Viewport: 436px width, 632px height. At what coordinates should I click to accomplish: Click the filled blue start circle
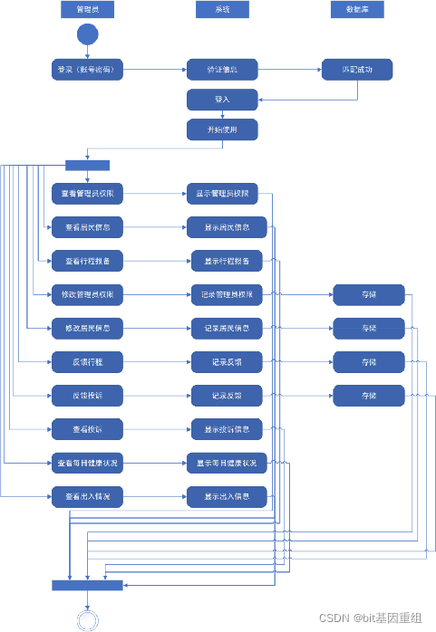click(87, 35)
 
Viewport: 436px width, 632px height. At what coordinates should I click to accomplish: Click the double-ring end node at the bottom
click(88, 619)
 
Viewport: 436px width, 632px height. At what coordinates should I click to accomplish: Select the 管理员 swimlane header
click(88, 10)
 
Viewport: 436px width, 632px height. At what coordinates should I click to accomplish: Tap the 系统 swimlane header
click(222, 10)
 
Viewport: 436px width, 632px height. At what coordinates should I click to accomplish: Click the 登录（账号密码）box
click(88, 69)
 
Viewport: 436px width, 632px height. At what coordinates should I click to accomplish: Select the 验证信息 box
click(222, 69)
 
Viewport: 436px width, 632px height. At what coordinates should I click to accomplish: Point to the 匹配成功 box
click(357, 69)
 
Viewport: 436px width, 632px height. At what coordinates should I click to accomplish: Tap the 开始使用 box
click(222, 129)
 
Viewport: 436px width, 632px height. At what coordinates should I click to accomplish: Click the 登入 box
click(222, 100)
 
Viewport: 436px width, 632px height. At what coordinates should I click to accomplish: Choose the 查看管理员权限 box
click(88, 193)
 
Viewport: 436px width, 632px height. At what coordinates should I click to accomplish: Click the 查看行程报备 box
click(88, 261)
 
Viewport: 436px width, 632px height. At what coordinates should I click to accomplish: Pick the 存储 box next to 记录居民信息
click(368, 327)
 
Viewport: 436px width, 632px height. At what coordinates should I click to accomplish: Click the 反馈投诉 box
click(88, 395)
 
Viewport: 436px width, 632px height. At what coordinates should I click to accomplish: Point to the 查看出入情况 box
click(88, 496)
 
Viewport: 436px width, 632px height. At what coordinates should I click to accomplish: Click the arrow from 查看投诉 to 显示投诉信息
click(157, 428)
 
